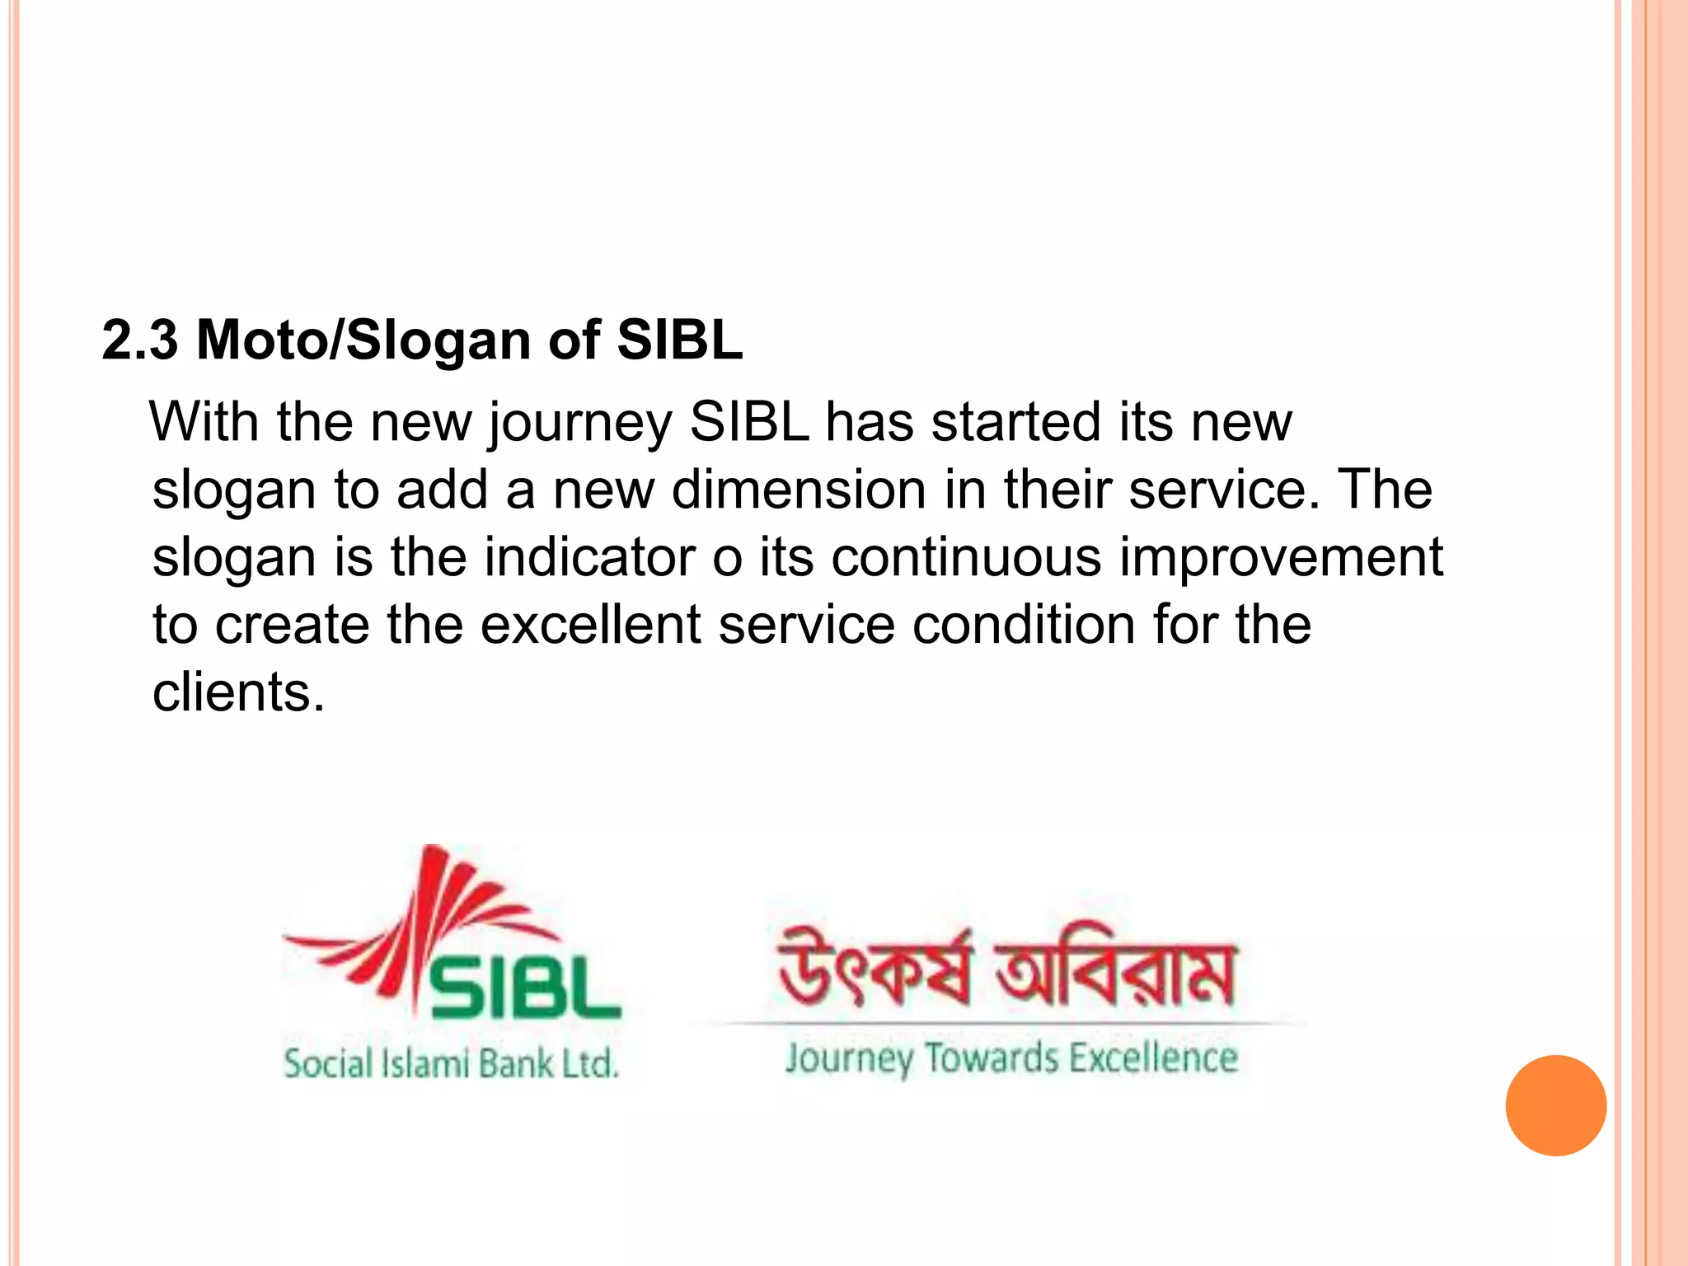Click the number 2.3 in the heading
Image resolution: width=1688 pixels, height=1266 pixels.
pos(139,340)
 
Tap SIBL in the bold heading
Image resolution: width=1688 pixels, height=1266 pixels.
pos(680,340)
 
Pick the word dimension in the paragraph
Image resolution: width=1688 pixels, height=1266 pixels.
pos(799,490)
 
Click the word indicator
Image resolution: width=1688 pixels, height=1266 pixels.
pos(589,557)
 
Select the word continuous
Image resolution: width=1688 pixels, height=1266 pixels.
pos(965,557)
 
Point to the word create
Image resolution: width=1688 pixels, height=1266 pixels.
pos(292,625)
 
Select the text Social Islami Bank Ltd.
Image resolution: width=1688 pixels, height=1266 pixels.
pos(451,1063)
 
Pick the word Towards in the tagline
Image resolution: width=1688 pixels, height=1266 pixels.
pos(991,1058)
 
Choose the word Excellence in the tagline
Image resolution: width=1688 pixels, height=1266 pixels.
pos(1153,1058)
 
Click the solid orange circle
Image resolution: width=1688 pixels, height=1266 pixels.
pos(1555,1105)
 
